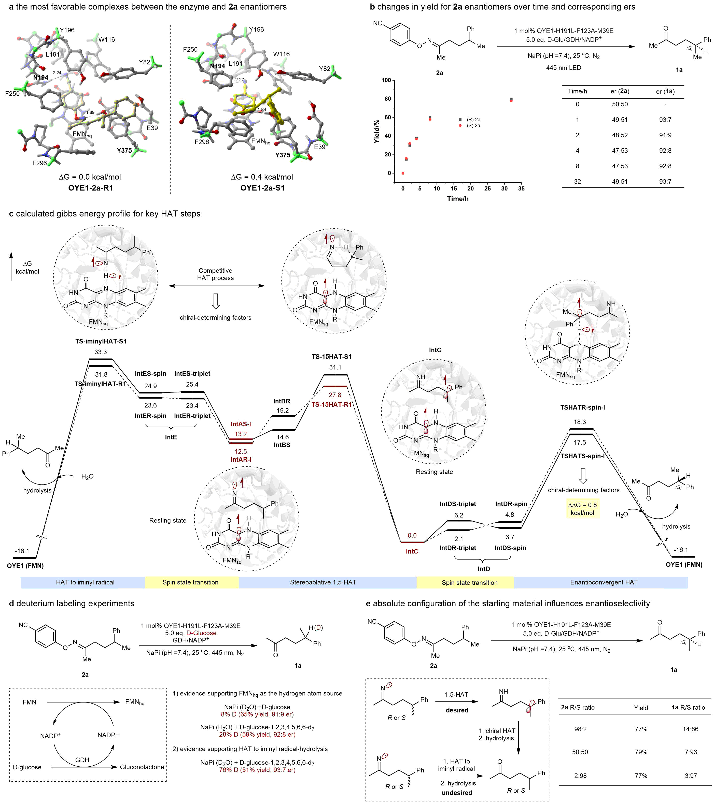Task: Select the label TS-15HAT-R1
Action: pos(332,405)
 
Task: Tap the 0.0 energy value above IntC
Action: pos(412,535)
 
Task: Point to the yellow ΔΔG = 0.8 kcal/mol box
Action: pos(582,509)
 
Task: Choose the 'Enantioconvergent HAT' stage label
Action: pos(604,582)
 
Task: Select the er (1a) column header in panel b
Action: pos(665,91)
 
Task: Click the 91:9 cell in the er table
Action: pos(665,135)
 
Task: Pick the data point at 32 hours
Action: pos(511,100)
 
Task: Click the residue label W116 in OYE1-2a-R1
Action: pos(106,39)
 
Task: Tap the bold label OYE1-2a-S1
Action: pos(262,188)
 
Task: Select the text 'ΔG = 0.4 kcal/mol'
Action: pos(262,177)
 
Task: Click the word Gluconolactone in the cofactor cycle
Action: pos(142,767)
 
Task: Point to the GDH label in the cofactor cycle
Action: pos(82,760)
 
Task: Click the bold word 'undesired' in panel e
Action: pos(457,793)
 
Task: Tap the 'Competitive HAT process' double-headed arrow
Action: pos(216,286)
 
